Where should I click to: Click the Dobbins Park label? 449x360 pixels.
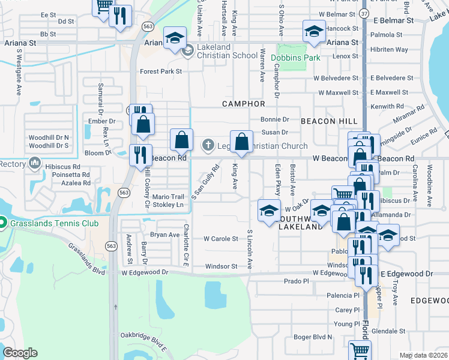click(295, 58)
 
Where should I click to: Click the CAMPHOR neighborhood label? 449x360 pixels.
click(243, 104)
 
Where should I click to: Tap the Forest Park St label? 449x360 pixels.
click(160, 71)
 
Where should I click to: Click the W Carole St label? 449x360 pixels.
click(220, 238)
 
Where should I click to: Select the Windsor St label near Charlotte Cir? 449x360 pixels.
click(221, 266)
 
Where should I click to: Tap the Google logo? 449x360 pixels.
click(20, 353)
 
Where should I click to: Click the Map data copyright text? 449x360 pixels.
click(423, 355)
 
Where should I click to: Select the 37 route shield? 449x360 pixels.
click(365, 13)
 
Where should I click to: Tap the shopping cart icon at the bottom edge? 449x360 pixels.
click(359, 350)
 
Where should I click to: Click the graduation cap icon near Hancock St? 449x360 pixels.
click(314, 30)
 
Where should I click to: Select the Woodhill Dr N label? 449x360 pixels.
click(49, 137)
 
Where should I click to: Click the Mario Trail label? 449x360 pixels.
click(167, 196)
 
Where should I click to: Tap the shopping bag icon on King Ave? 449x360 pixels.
click(241, 142)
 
